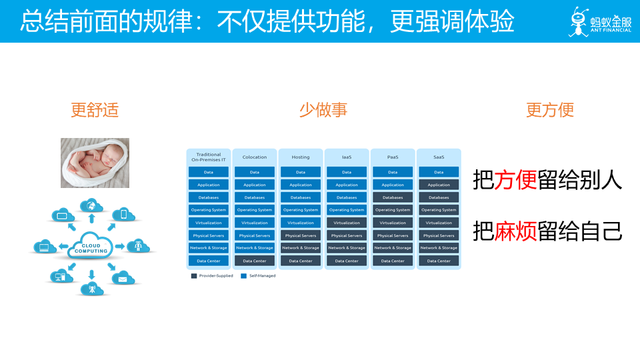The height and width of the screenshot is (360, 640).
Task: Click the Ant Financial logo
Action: coord(599,21)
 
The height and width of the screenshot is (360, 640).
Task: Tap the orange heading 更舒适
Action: coord(95,110)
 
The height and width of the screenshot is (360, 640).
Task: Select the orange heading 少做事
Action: coord(323,110)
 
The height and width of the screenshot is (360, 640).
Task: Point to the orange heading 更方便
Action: coord(550,110)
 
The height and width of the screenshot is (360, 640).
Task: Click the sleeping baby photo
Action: coord(95,163)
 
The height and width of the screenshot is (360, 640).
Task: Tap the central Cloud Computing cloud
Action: coord(91,247)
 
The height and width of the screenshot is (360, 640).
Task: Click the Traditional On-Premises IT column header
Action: coord(209,157)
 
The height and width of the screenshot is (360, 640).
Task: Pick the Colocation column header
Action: coord(255,157)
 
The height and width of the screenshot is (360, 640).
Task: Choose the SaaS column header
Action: coord(439,157)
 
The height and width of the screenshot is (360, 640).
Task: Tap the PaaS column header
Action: coord(393,157)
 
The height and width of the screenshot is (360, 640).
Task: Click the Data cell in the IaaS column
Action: coord(347,172)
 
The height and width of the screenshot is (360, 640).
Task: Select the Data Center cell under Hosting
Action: coord(301,261)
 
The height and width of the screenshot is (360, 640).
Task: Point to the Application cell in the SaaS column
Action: coord(439,185)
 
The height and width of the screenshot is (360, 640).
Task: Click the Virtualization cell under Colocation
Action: coord(255,223)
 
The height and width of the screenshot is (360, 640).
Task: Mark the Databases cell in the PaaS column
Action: coord(393,197)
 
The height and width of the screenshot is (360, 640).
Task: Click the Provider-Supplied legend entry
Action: coord(212,275)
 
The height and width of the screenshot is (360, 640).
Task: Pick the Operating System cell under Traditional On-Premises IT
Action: coord(209,210)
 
